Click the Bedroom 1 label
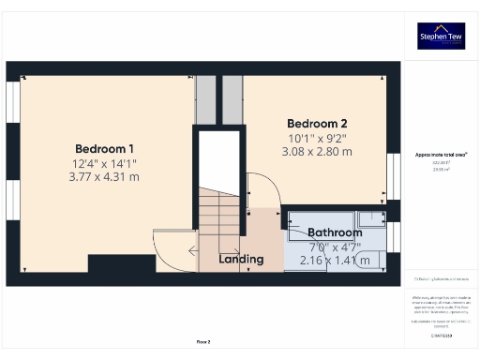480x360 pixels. [105, 148]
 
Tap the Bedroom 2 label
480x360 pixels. [317, 124]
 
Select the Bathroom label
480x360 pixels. [335, 232]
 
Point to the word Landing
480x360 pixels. [240, 258]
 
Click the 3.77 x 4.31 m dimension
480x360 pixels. [105, 177]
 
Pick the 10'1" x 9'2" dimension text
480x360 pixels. [317, 138]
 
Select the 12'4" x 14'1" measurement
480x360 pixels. [105, 163]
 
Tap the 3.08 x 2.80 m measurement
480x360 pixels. [317, 151]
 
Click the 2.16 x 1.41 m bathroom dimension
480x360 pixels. [335, 260]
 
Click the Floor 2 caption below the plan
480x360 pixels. [203, 342]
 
